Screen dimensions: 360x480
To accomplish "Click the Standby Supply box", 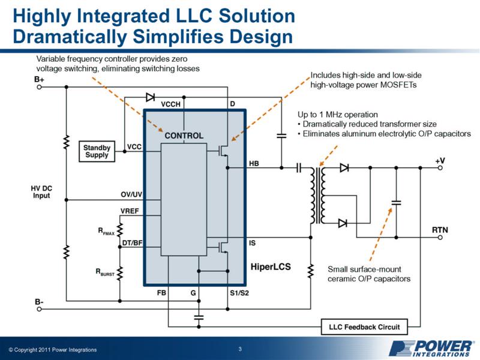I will click(x=96, y=150).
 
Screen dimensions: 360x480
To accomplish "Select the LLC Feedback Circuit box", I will click(x=365, y=327).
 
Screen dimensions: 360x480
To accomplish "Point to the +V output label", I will click(x=440, y=161).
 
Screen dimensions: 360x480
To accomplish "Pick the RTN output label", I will click(x=440, y=230).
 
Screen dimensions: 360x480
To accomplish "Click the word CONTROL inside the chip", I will click(x=184, y=136).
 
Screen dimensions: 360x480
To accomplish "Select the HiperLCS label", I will click(x=270, y=266).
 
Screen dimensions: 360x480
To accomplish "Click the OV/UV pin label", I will click(x=131, y=195).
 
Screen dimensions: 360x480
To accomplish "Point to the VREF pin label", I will click(x=130, y=210).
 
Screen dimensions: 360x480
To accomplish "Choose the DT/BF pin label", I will click(x=131, y=242).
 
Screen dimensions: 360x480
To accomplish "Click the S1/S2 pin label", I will click(x=239, y=293).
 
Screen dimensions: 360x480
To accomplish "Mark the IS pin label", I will click(x=253, y=243).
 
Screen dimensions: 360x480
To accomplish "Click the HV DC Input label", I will click(x=41, y=192).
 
